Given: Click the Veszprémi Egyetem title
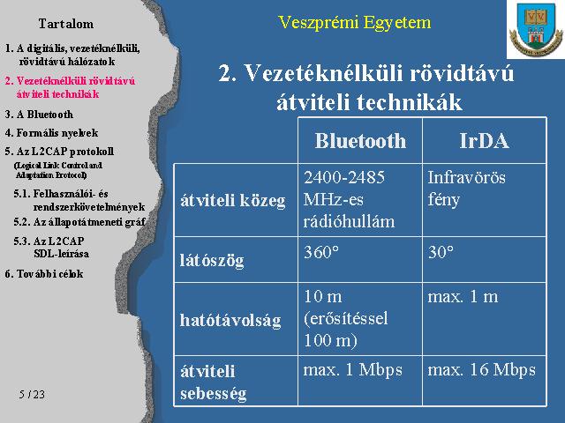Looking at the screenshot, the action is [x=355, y=23].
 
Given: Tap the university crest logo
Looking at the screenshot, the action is [x=536, y=29].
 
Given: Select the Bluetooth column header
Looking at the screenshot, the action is [x=360, y=140].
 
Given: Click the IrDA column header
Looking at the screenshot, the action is [x=484, y=140].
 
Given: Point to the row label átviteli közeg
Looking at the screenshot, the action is [x=233, y=201].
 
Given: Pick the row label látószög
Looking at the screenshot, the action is [x=212, y=260].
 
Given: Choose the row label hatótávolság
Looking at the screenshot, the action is [x=230, y=320].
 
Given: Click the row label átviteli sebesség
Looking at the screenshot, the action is [x=214, y=382].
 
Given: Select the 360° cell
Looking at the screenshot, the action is [x=321, y=252].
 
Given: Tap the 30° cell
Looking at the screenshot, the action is [x=441, y=252].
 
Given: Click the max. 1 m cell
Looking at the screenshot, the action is [x=463, y=297].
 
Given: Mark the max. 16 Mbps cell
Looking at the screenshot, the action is [x=482, y=370].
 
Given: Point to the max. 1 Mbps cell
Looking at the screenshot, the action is [x=353, y=370].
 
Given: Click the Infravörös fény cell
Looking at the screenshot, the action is [x=467, y=189].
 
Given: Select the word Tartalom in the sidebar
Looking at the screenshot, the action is [x=66, y=24].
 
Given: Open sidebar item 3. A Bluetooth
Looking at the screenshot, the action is [x=39, y=115].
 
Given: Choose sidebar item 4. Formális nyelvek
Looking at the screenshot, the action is [x=51, y=133].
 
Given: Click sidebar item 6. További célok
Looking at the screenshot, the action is [x=44, y=274].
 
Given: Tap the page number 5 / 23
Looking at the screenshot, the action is [x=32, y=394].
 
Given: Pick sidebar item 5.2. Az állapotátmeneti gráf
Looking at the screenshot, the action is [x=79, y=222].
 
